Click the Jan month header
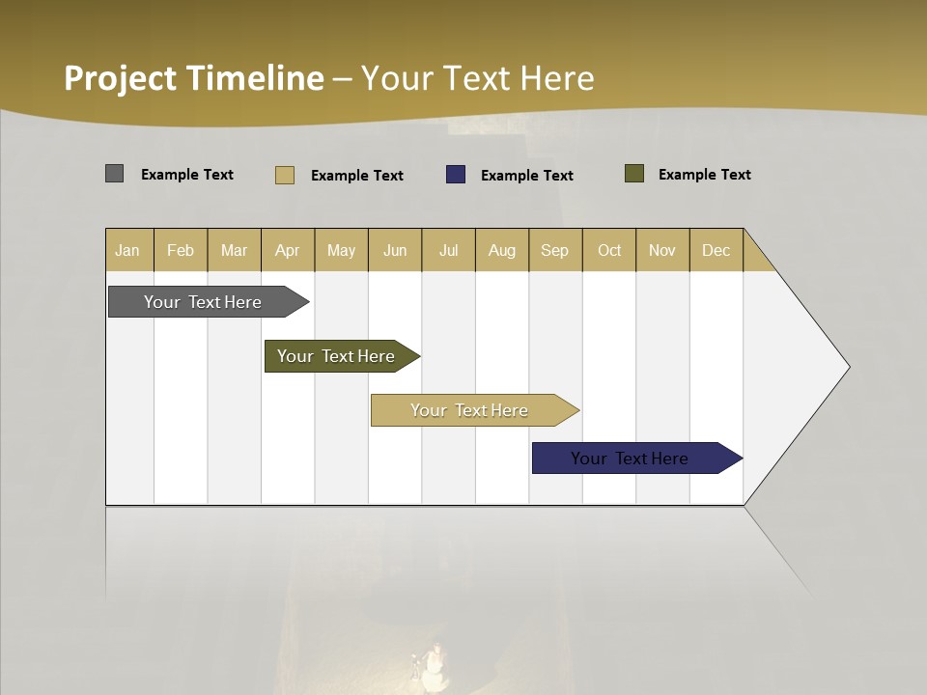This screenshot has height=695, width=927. (127, 250)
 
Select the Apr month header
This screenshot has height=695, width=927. (287, 250)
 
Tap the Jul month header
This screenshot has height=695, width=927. (448, 250)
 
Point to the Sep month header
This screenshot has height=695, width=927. (554, 250)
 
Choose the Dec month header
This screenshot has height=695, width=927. (716, 250)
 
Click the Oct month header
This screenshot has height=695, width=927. (609, 250)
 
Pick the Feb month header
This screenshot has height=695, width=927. (181, 250)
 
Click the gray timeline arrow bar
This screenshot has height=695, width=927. (203, 302)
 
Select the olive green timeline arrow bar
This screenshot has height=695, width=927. (336, 356)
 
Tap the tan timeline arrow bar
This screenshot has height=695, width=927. (469, 410)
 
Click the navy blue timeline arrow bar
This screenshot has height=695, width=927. (630, 459)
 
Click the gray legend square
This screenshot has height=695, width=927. (114, 174)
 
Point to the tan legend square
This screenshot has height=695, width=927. (284, 175)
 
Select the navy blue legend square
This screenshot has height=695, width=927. (456, 175)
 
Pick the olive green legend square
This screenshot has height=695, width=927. (634, 174)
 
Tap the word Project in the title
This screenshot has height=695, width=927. (121, 78)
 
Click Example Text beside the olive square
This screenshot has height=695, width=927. (704, 175)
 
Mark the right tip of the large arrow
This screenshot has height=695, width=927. (848, 367)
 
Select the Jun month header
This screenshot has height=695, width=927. (395, 250)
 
